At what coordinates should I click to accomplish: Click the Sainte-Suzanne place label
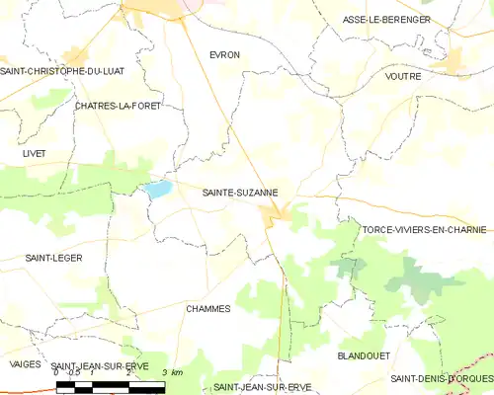pyautogui.click(x=240, y=194)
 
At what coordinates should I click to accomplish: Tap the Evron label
pyautogui.click(x=224, y=55)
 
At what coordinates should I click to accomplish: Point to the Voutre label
pyautogui.click(x=403, y=76)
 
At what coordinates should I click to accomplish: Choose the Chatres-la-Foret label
pyautogui.click(x=117, y=105)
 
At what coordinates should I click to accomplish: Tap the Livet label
pyautogui.click(x=34, y=153)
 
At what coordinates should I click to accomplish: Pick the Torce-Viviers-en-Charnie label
pyautogui.click(x=424, y=229)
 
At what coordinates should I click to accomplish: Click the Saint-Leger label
pyautogui.click(x=54, y=258)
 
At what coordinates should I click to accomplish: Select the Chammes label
pyautogui.click(x=207, y=308)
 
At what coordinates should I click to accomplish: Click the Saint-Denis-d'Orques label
pyautogui.click(x=440, y=378)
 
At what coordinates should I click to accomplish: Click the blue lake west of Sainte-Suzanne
pyautogui.click(x=158, y=188)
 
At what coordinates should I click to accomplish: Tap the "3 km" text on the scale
pyautogui.click(x=171, y=372)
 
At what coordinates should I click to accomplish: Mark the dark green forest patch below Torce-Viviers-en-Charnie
pyautogui.click(x=348, y=265)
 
